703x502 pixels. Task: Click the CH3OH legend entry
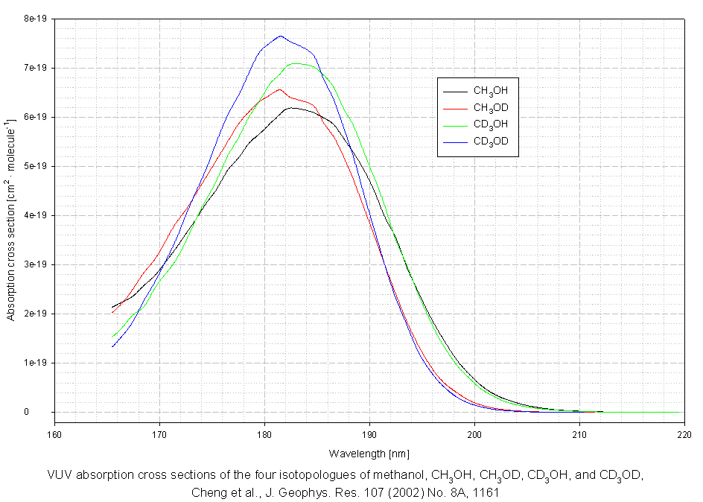pyautogui.click(x=490, y=91)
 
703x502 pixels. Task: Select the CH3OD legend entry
pyautogui.click(x=490, y=108)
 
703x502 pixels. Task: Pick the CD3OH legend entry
pyautogui.click(x=490, y=124)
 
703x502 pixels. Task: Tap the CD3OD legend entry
pyautogui.click(x=490, y=142)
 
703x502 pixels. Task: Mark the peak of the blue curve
pyautogui.click(x=280, y=36)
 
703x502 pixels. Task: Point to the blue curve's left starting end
pyautogui.click(x=112, y=346)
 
